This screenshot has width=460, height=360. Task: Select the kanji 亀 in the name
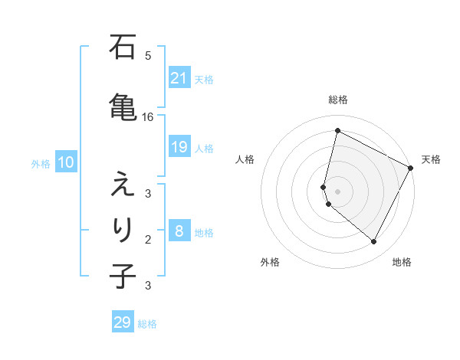pos(123,105)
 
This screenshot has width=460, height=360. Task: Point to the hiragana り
pos(123,228)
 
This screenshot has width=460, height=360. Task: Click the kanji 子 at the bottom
pos(123,275)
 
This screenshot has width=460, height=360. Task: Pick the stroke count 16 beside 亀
pos(147,117)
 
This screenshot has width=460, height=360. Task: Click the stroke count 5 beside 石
pos(148,56)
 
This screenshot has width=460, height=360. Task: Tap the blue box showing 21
pos(179,78)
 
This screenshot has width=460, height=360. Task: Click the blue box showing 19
pos(179,147)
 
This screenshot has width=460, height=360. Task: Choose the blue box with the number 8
pos(179,231)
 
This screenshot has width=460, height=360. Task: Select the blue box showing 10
pos(65,162)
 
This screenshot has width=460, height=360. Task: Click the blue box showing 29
pos(123,322)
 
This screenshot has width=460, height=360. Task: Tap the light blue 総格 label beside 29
pos(148,324)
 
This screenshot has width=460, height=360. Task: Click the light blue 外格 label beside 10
pos(41,163)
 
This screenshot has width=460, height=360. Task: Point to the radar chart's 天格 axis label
pos(431,159)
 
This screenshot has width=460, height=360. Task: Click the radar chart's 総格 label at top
pos(338,100)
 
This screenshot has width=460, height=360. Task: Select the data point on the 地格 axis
pos(373,242)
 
